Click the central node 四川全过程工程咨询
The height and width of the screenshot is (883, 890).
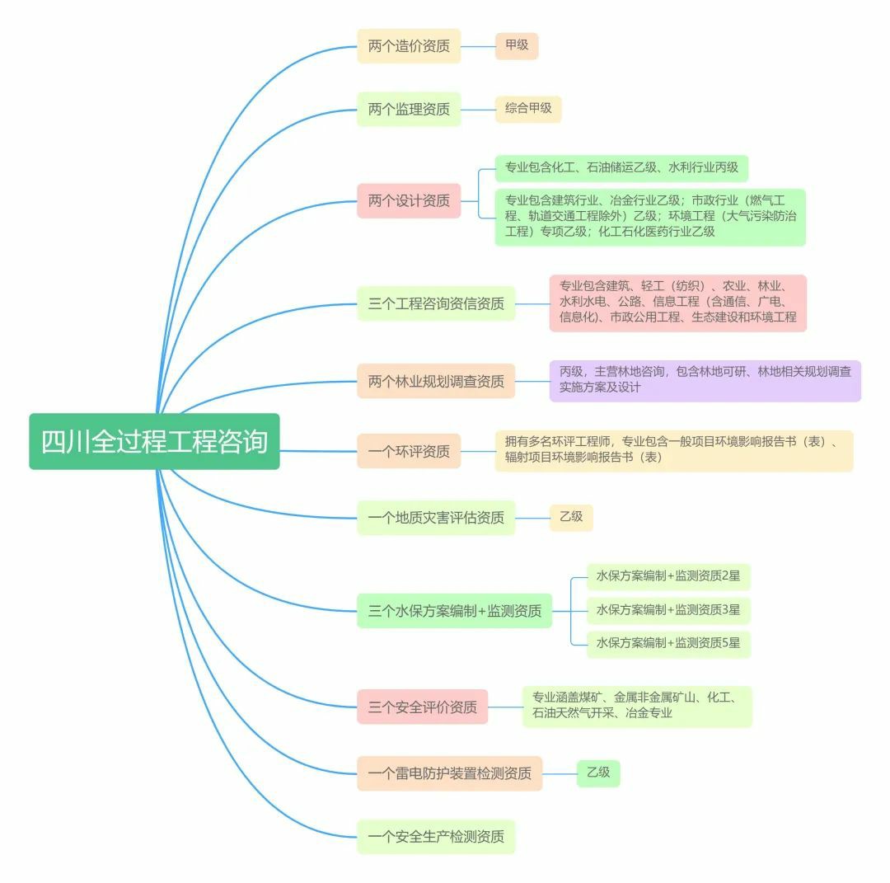click(x=154, y=442)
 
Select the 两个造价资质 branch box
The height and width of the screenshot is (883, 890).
click(x=409, y=46)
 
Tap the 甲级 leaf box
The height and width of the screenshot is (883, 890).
click(x=517, y=45)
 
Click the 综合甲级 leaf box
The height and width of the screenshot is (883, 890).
click(x=528, y=108)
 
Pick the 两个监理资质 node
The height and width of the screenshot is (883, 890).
click(x=409, y=109)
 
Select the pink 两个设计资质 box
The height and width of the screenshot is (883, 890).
click(x=409, y=200)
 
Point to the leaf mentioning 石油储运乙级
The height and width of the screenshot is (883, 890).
click(x=621, y=168)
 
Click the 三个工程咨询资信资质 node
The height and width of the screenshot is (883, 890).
click(x=436, y=303)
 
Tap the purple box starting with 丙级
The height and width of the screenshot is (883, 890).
click(x=705, y=380)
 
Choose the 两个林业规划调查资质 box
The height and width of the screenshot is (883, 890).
click(x=436, y=382)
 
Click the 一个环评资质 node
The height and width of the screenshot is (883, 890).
click(x=409, y=451)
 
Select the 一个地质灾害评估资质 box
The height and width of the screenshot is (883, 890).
click(x=436, y=518)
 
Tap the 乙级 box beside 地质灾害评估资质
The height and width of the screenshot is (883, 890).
click(x=571, y=517)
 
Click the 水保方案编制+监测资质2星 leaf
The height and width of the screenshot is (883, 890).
click(x=668, y=577)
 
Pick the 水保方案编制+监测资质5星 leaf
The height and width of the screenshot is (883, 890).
click(x=668, y=643)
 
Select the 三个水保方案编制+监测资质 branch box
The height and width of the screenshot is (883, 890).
click(x=454, y=611)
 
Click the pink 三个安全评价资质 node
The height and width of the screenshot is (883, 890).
click(x=422, y=707)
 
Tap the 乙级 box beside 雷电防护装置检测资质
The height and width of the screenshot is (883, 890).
click(x=598, y=773)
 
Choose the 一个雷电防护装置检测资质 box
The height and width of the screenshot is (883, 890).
click(x=449, y=773)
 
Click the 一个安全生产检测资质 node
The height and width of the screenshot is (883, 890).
click(x=436, y=837)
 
